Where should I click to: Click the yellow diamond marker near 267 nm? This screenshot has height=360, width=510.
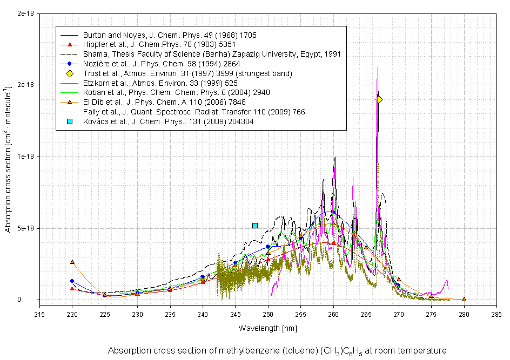(x=379, y=99)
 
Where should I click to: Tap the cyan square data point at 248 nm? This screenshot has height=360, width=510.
(x=255, y=225)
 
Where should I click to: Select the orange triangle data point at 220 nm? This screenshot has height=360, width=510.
(x=72, y=262)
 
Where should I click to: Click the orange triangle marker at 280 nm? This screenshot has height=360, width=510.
(x=464, y=299)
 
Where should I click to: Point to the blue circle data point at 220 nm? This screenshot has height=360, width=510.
(x=72, y=281)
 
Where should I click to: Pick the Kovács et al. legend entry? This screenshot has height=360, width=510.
(x=169, y=122)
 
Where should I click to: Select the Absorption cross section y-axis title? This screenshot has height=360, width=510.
(x=8, y=159)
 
